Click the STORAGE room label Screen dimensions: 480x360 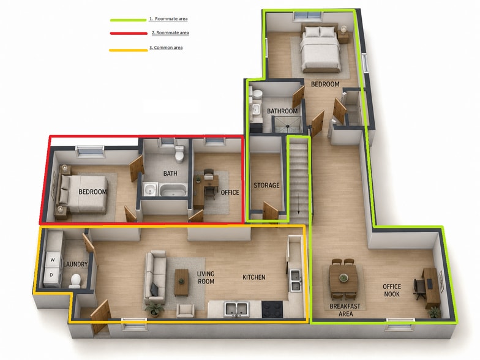[266, 185]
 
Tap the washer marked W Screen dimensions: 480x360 [53, 260]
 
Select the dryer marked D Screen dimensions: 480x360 [51, 275]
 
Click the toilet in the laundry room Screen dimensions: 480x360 [75, 281]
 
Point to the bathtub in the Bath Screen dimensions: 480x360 [173, 190]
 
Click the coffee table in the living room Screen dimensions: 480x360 [181, 282]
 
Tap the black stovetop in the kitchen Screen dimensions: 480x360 [272, 309]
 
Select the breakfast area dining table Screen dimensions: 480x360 [343, 278]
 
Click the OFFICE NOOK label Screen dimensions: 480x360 [392, 290]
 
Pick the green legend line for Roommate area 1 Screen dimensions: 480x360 [129, 20]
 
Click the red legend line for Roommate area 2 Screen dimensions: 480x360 [129, 33]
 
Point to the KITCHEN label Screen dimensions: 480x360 [253, 277]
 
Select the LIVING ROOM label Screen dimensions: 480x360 [206, 278]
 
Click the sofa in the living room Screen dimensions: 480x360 [156, 275]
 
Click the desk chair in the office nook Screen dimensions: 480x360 [419, 289]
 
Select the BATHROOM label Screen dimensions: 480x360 [282, 111]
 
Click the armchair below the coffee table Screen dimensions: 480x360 [185, 311]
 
